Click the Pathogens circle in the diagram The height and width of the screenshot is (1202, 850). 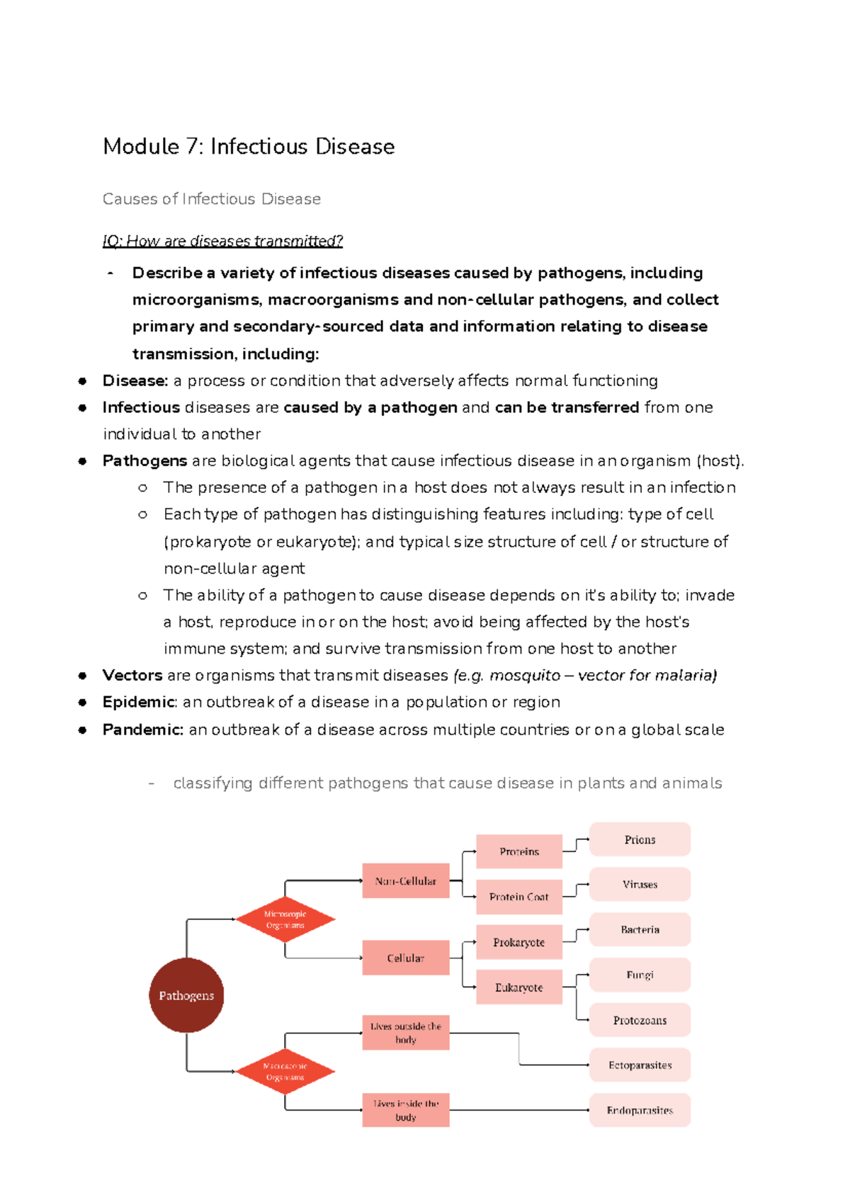[x=186, y=995]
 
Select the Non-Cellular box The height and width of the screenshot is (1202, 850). [x=406, y=881]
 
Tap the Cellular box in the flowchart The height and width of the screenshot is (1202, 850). [x=406, y=958]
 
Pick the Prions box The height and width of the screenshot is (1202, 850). [x=640, y=839]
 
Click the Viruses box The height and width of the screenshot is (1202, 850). [x=640, y=884]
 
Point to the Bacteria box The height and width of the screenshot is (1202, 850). [x=640, y=929]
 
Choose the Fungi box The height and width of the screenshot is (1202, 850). [x=640, y=975]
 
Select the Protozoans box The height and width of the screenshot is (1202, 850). [x=640, y=1020]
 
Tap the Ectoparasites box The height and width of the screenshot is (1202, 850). [x=640, y=1065]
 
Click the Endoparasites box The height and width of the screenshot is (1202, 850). [x=640, y=1110]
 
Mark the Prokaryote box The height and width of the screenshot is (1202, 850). [x=519, y=942]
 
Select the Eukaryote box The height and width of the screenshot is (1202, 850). [x=519, y=987]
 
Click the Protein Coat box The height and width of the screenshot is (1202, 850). [x=519, y=897]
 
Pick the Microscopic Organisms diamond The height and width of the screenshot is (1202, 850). [x=285, y=919]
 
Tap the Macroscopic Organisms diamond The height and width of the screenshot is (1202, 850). [x=285, y=1072]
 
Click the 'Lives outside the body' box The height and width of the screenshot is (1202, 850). [x=406, y=1033]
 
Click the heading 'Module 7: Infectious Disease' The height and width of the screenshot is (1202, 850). [x=249, y=147]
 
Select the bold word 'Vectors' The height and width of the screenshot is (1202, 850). [x=132, y=675]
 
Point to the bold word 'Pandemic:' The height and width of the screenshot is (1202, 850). [x=143, y=730]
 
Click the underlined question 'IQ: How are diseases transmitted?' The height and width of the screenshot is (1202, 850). [x=222, y=241]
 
